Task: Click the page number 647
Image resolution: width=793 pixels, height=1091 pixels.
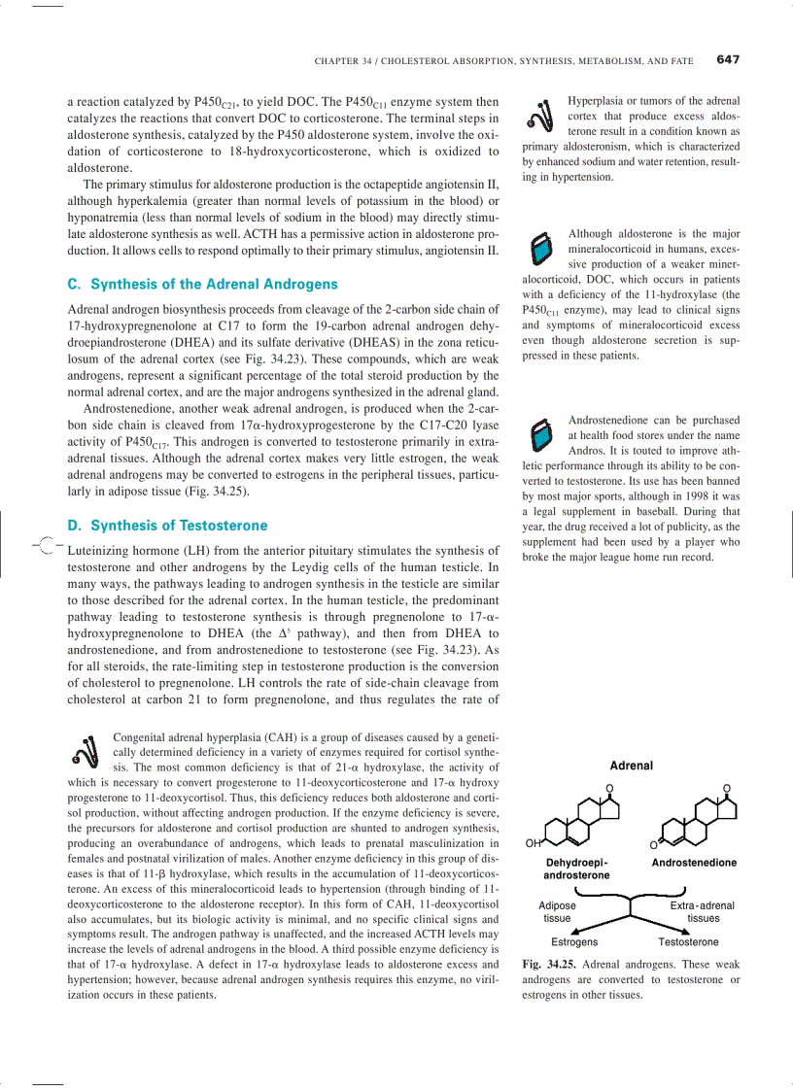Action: pos(728,59)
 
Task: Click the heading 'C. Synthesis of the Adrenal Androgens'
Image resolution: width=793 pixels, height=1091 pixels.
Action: pos(202,285)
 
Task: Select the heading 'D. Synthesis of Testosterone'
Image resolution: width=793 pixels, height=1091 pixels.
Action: pos(167,526)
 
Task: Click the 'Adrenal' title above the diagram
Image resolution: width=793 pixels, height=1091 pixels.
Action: pos(631,766)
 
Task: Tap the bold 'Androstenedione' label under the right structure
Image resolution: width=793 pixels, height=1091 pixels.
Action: pos(694,863)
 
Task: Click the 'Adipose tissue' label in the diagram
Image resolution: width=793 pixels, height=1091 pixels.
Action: pos(557,911)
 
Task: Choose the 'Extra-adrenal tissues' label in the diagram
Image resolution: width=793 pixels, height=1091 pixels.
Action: pos(703,911)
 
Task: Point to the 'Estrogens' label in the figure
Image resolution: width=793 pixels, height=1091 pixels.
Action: pos(574,942)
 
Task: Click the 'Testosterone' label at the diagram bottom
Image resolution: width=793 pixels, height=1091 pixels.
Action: pos(688,942)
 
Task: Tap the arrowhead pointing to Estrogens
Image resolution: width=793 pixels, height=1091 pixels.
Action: pos(583,927)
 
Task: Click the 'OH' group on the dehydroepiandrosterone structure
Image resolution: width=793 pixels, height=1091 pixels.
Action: pos(533,843)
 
